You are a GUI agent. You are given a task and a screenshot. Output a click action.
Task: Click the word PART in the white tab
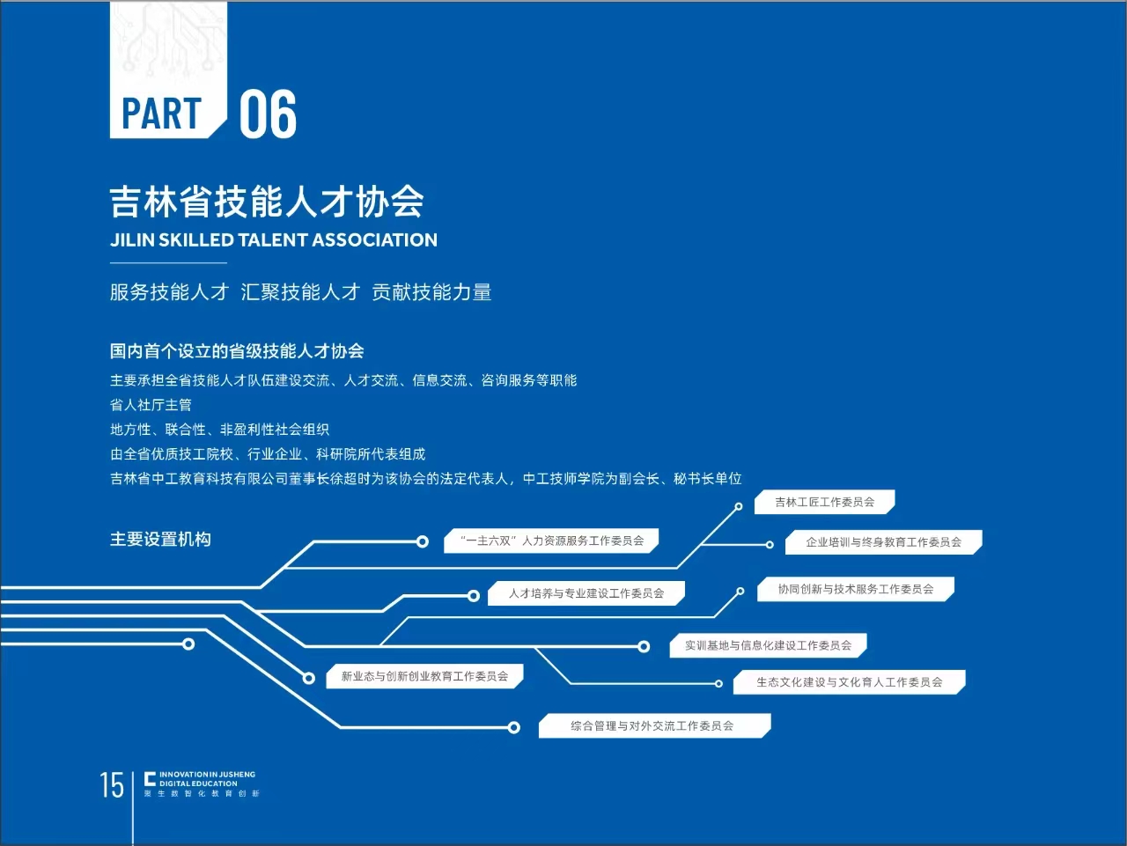coord(162,114)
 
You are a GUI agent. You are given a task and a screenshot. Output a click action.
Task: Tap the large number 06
coord(268,114)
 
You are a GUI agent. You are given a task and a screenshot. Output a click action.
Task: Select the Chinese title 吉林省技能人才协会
coord(267,202)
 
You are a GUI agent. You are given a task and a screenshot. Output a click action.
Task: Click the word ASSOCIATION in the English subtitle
coord(374,240)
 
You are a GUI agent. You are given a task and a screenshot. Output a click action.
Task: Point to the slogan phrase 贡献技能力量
coord(431,292)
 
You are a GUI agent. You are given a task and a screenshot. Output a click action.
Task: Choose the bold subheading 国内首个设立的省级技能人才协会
coord(237,351)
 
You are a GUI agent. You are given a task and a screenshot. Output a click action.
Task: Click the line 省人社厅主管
coord(151,405)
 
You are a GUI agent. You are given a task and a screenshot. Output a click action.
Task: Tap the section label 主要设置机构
coord(161,539)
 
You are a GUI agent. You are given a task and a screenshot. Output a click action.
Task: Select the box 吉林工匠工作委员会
coord(825,502)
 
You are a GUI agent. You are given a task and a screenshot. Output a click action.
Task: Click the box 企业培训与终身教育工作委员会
coord(884,542)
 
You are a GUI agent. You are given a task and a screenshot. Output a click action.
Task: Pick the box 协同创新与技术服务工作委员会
coord(856,589)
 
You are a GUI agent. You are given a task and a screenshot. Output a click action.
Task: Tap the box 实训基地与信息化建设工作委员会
coord(768,645)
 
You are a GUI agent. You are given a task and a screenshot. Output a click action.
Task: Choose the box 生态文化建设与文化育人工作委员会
coord(850,682)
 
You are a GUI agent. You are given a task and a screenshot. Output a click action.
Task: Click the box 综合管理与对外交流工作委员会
coord(655,726)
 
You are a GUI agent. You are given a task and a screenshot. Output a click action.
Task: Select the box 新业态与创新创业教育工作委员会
coord(424,676)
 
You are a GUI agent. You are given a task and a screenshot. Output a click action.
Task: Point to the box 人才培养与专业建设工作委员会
coord(586,593)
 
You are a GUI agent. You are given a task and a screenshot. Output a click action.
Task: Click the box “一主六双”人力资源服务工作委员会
coord(551,541)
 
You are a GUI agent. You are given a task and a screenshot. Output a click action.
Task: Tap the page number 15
coord(112,785)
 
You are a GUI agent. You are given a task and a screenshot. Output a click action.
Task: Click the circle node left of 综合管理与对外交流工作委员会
coord(513,727)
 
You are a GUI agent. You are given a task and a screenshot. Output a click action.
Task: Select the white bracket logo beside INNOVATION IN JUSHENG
coord(150,779)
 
